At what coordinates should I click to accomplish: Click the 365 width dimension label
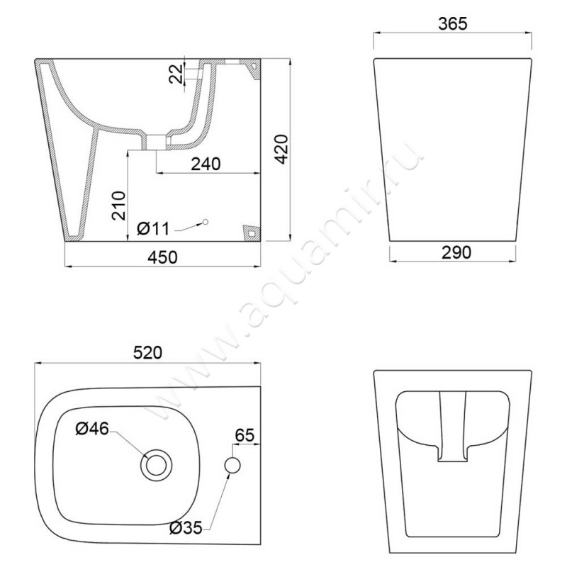point(452,23)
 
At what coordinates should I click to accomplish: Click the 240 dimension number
point(206,163)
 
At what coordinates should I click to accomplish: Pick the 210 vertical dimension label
point(119,206)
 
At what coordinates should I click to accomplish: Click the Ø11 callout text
point(153,228)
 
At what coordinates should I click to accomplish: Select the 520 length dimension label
point(148,352)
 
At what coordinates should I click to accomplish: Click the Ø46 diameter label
point(94,429)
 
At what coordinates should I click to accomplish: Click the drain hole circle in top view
point(156,465)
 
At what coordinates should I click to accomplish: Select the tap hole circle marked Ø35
point(233,465)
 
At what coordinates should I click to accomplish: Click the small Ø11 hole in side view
point(205,222)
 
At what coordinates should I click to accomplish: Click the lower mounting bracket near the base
point(250,232)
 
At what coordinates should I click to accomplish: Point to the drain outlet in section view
point(155,140)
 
